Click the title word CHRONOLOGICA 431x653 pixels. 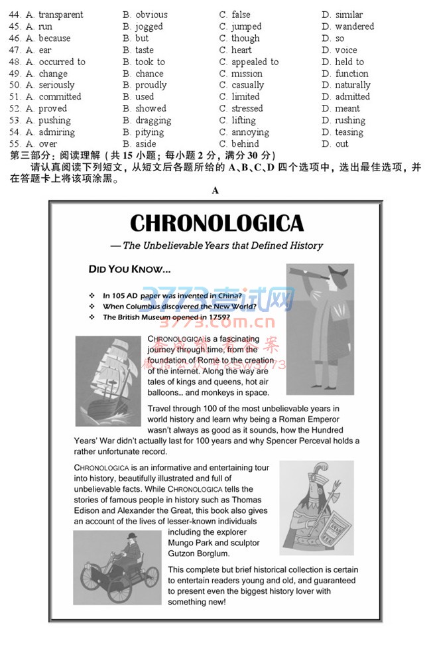click(x=216, y=223)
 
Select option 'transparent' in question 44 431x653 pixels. click(x=60, y=15)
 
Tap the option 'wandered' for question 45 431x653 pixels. click(x=354, y=27)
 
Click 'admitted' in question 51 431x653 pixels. click(x=352, y=97)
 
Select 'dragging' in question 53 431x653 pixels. click(x=153, y=121)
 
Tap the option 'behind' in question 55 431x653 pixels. click(x=245, y=144)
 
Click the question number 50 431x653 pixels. click(x=15, y=85)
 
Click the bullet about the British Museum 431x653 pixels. click(x=166, y=317)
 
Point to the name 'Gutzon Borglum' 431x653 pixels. click(x=199, y=553)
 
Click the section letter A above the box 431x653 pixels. click(x=215, y=190)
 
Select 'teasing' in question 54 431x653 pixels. click(x=349, y=132)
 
